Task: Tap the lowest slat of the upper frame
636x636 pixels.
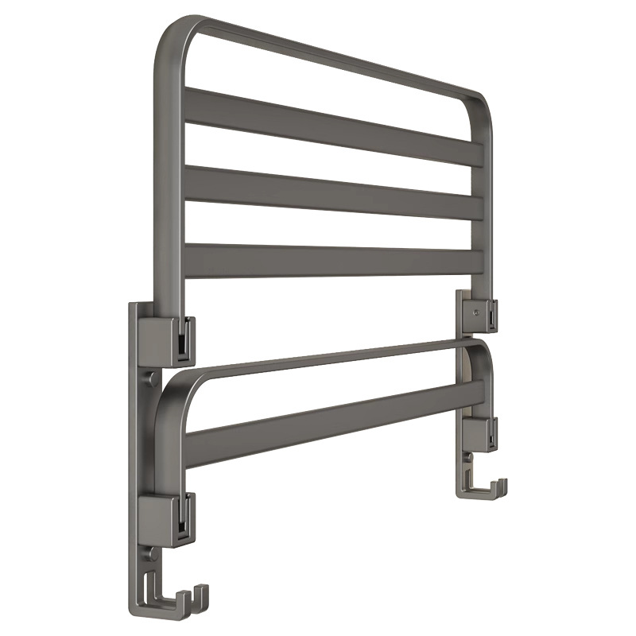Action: (x=334, y=261)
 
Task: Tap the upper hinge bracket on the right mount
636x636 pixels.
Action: (x=475, y=310)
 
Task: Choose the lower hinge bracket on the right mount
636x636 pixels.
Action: (x=477, y=433)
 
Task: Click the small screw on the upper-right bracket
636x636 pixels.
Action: (x=475, y=312)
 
